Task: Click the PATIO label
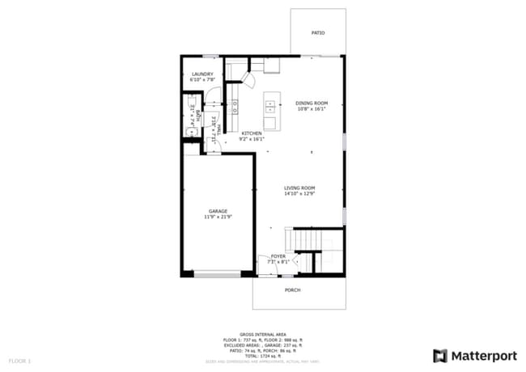click(x=318, y=33)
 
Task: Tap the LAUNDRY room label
click(x=201, y=74)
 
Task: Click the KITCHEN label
click(x=251, y=133)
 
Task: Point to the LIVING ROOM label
click(x=299, y=188)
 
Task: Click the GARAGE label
click(x=218, y=211)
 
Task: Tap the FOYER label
click(x=278, y=256)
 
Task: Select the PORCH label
click(x=292, y=290)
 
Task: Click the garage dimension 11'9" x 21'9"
click(x=218, y=217)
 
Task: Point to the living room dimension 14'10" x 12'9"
click(x=299, y=194)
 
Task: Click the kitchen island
click(x=270, y=112)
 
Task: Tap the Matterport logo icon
click(x=440, y=355)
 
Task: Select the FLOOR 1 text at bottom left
click(x=19, y=360)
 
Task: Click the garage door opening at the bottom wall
click(x=217, y=275)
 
